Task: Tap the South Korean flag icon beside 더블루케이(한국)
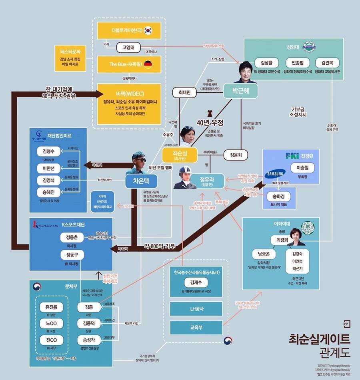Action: (x=148, y=30)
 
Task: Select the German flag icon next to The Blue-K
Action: (x=148, y=64)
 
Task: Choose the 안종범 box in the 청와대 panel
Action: (x=297, y=63)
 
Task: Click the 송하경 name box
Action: (x=278, y=197)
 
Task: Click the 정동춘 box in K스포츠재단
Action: (x=72, y=238)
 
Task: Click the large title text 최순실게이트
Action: (x=319, y=339)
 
